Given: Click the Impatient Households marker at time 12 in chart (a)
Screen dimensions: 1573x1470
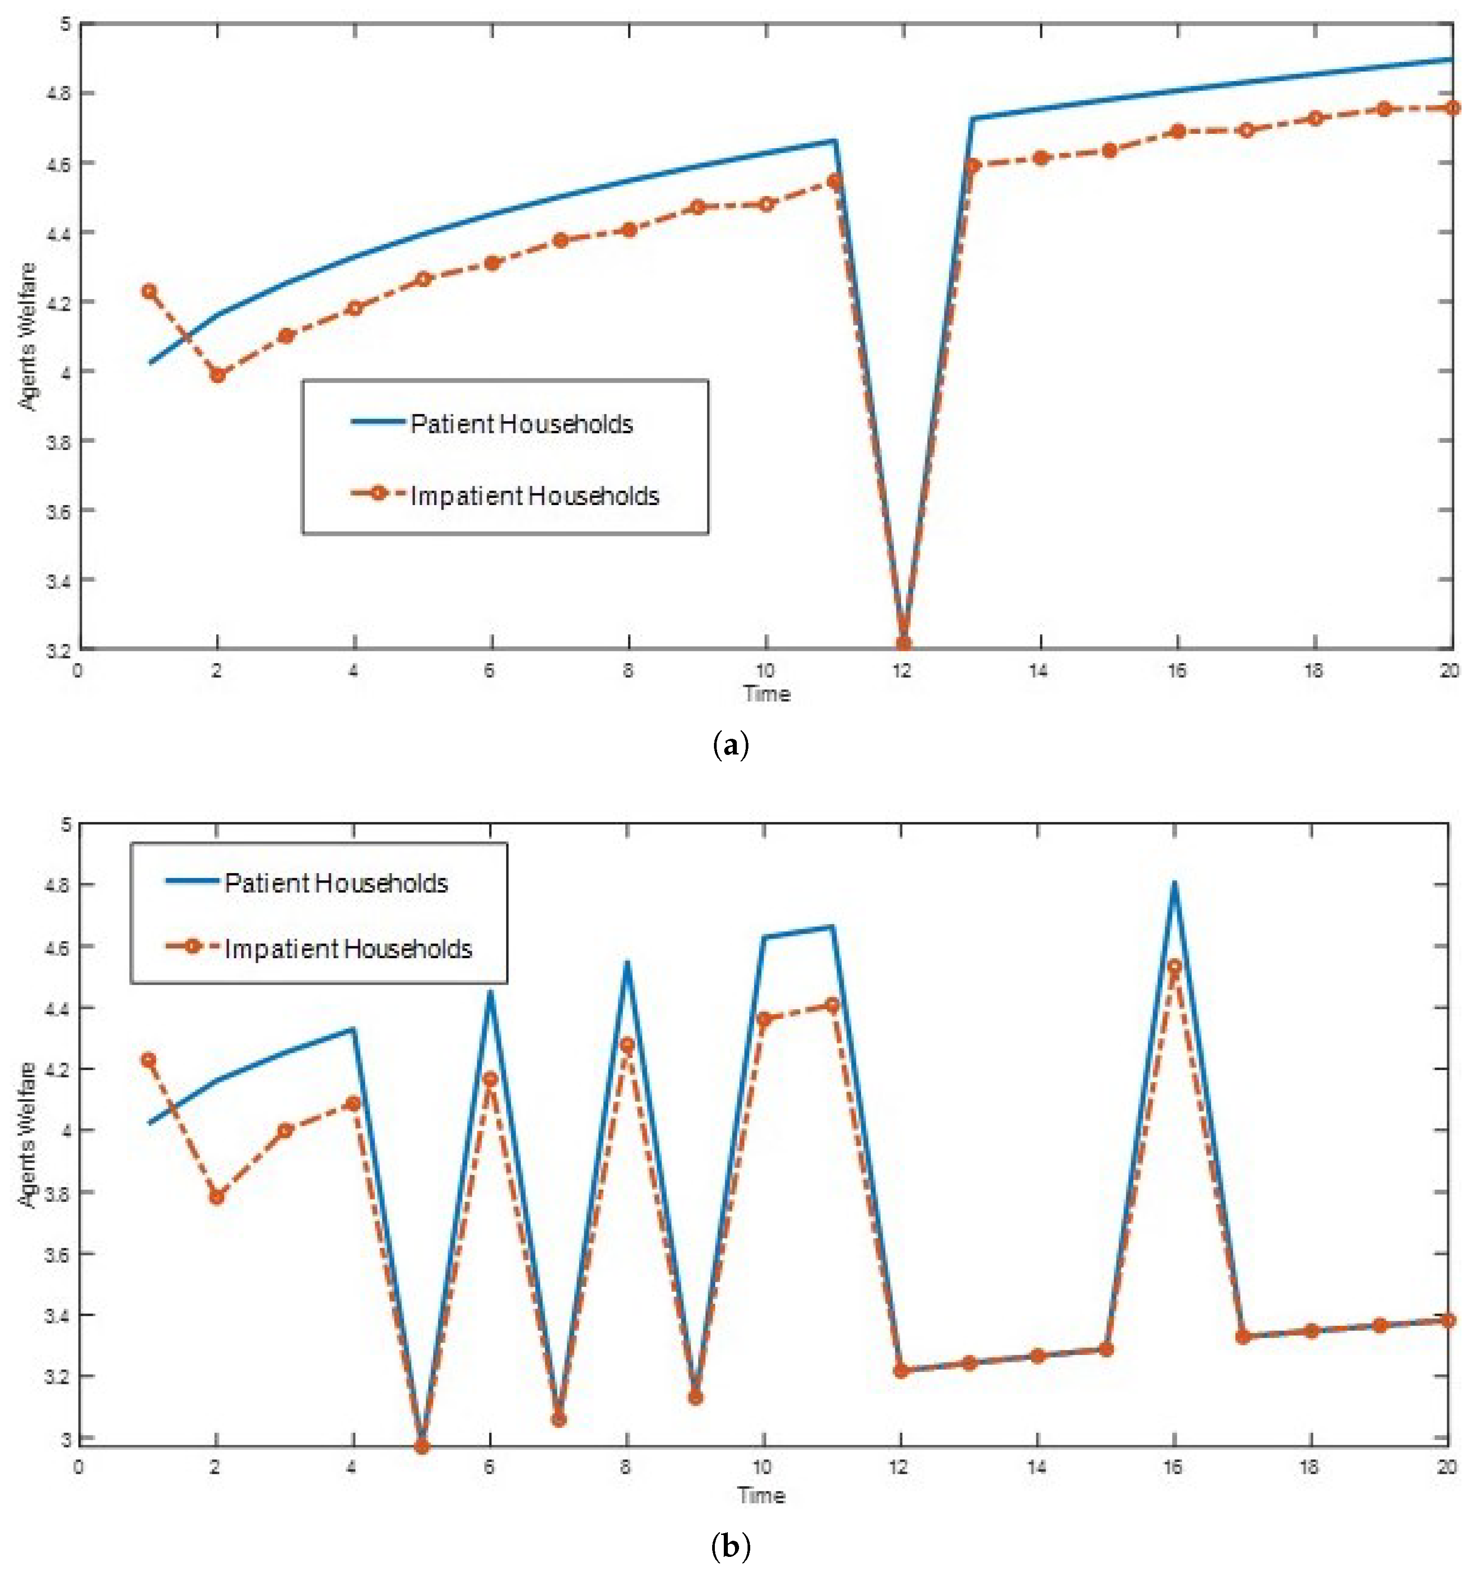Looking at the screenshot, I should [x=903, y=644].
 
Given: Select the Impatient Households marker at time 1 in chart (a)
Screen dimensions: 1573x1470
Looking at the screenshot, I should [x=149, y=291].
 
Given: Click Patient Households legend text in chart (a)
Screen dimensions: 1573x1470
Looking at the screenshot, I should [x=521, y=424].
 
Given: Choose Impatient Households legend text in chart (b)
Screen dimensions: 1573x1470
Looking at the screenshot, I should [x=348, y=949].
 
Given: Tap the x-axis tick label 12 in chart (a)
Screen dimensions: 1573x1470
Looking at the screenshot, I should [x=902, y=671].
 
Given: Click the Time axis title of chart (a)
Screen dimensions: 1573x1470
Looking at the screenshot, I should [x=766, y=694].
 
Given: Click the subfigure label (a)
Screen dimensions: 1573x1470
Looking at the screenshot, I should [x=730, y=746].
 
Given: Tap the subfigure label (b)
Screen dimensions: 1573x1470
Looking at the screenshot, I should [x=730, y=1545].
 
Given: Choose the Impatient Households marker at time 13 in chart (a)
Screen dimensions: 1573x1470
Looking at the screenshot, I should [x=972, y=165].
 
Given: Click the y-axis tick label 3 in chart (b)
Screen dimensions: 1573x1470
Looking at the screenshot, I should [x=66, y=1439].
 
